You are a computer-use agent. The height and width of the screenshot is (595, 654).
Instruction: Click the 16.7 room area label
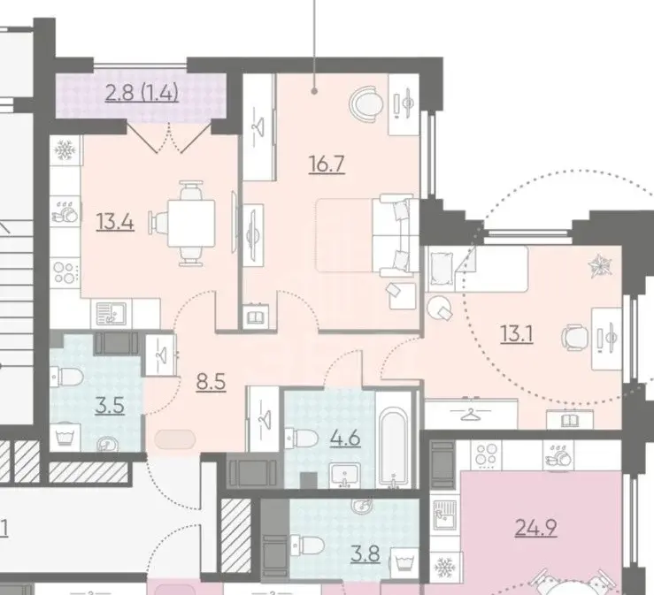tap(327, 164)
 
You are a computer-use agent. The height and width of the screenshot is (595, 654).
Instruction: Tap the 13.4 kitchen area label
tap(115, 221)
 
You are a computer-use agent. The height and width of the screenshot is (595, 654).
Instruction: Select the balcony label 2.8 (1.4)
tap(142, 93)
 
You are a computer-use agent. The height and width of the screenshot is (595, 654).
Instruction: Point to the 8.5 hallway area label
tap(211, 382)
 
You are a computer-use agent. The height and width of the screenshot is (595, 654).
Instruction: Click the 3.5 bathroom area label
tap(110, 406)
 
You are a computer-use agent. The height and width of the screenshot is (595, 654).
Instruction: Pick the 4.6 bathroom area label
tap(345, 438)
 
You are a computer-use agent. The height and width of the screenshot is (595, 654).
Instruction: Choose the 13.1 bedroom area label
tap(517, 334)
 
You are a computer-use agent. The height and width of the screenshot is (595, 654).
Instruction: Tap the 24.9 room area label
tap(536, 528)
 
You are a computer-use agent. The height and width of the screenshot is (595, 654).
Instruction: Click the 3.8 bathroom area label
tap(365, 553)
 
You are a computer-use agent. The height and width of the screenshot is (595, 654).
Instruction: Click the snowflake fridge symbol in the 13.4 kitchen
tap(65, 150)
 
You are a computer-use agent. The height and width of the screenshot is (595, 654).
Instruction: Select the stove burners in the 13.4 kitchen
tap(65, 272)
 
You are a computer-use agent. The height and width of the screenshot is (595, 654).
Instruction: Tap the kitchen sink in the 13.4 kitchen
tap(111, 313)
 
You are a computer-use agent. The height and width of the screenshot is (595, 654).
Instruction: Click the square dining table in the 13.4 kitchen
tap(191, 224)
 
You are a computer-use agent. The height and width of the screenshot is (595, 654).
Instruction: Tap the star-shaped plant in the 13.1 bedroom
tap(600, 267)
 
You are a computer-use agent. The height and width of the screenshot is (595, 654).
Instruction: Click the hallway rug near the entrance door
tap(174, 439)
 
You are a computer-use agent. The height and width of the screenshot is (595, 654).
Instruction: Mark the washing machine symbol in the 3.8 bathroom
tap(404, 560)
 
